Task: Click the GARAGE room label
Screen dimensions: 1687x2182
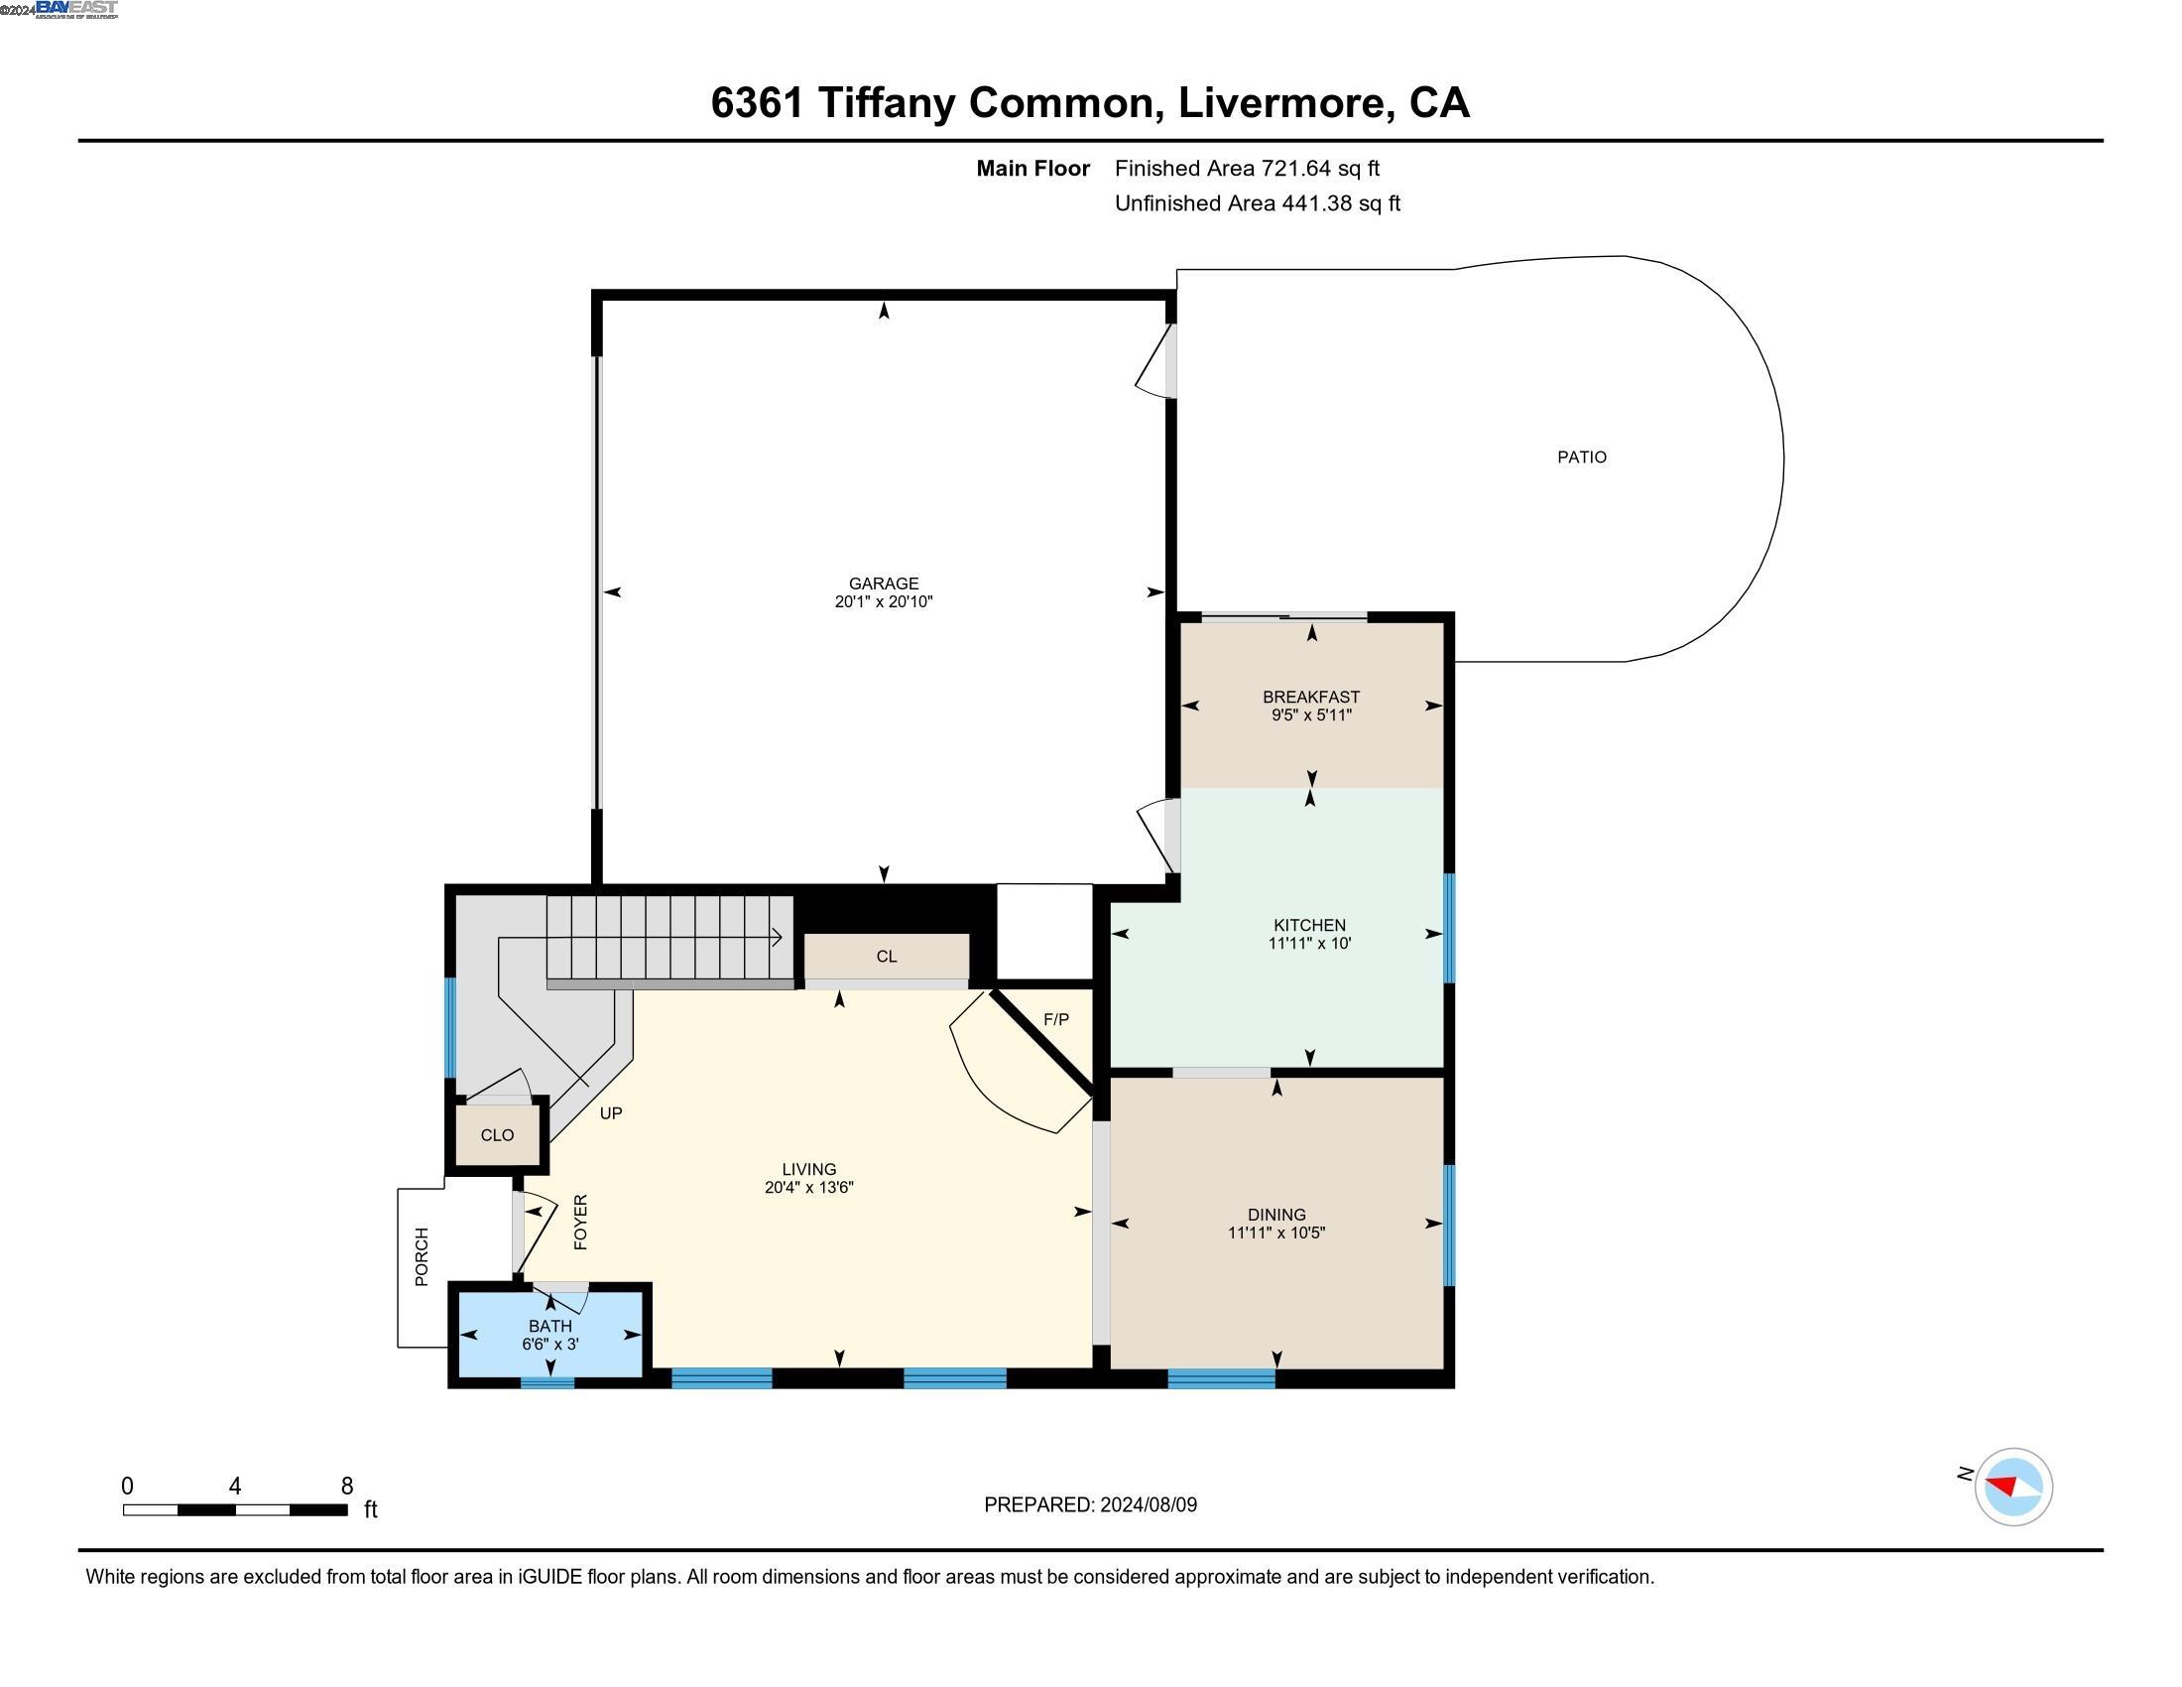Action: pyautogui.click(x=883, y=583)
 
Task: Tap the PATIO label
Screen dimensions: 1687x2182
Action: pyautogui.click(x=1582, y=456)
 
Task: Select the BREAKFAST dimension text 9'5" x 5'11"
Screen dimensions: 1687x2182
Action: pyautogui.click(x=1311, y=714)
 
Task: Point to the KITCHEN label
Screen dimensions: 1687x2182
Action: pyautogui.click(x=1309, y=925)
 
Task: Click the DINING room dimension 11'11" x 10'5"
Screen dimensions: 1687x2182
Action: pyautogui.click(x=1275, y=1233)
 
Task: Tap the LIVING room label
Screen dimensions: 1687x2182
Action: pyautogui.click(x=808, y=1168)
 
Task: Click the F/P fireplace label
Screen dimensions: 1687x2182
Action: pyautogui.click(x=1056, y=1018)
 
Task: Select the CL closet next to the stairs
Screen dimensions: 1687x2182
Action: pyautogui.click(x=886, y=957)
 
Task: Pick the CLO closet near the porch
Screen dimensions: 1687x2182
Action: pyautogui.click(x=497, y=1134)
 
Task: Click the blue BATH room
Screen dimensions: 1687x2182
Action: pyautogui.click(x=549, y=1334)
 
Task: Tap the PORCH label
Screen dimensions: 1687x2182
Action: pyautogui.click(x=422, y=1256)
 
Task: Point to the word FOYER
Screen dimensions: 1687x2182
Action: pyautogui.click(x=580, y=1222)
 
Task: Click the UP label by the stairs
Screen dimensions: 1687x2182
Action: pyautogui.click(x=610, y=1112)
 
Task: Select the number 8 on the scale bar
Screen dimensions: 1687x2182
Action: pyautogui.click(x=347, y=1486)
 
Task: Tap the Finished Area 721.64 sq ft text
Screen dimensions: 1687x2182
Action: pyautogui.click(x=1246, y=168)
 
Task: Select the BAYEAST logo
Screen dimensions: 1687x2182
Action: pyautogui.click(x=76, y=9)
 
